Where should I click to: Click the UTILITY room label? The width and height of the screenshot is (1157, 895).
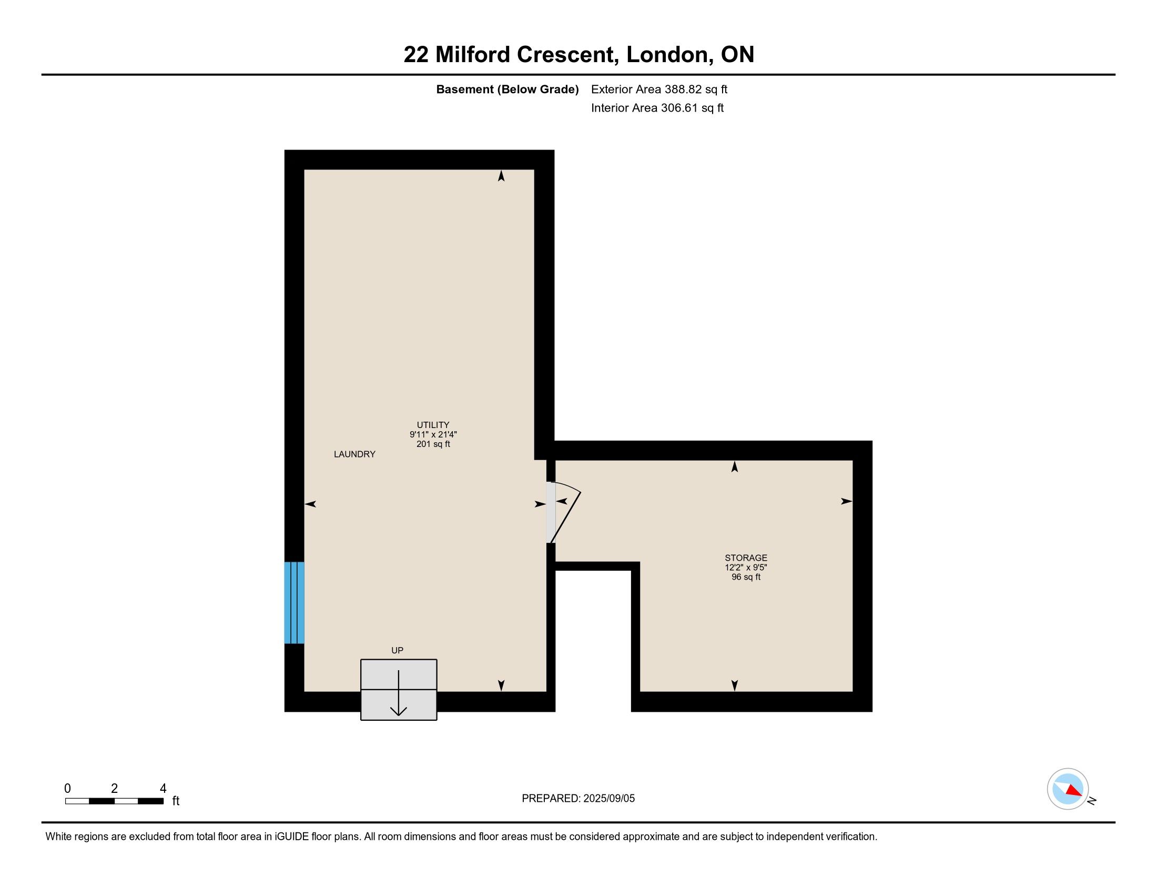[x=433, y=425]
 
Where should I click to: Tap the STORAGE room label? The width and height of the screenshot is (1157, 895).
[x=746, y=558]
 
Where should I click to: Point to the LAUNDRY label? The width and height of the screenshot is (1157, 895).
[x=354, y=454]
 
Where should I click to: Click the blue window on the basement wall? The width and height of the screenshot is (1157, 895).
[x=294, y=603]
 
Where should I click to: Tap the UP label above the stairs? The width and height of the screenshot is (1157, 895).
[x=397, y=650]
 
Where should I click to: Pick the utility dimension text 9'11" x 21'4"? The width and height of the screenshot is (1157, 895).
[x=433, y=434]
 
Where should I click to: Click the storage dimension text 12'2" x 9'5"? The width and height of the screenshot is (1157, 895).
[x=746, y=568]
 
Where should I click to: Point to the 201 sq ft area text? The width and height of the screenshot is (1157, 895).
[x=433, y=444]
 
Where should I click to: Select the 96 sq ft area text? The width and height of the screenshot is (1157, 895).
[x=746, y=577]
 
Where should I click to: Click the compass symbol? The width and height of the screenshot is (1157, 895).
[x=1068, y=789]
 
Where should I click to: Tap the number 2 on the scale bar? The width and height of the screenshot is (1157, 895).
[x=115, y=789]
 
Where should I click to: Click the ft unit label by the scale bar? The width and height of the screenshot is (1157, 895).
[x=176, y=801]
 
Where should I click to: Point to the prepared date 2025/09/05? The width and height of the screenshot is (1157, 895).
[x=608, y=799]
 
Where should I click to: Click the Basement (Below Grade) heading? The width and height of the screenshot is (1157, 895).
[x=507, y=89]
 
